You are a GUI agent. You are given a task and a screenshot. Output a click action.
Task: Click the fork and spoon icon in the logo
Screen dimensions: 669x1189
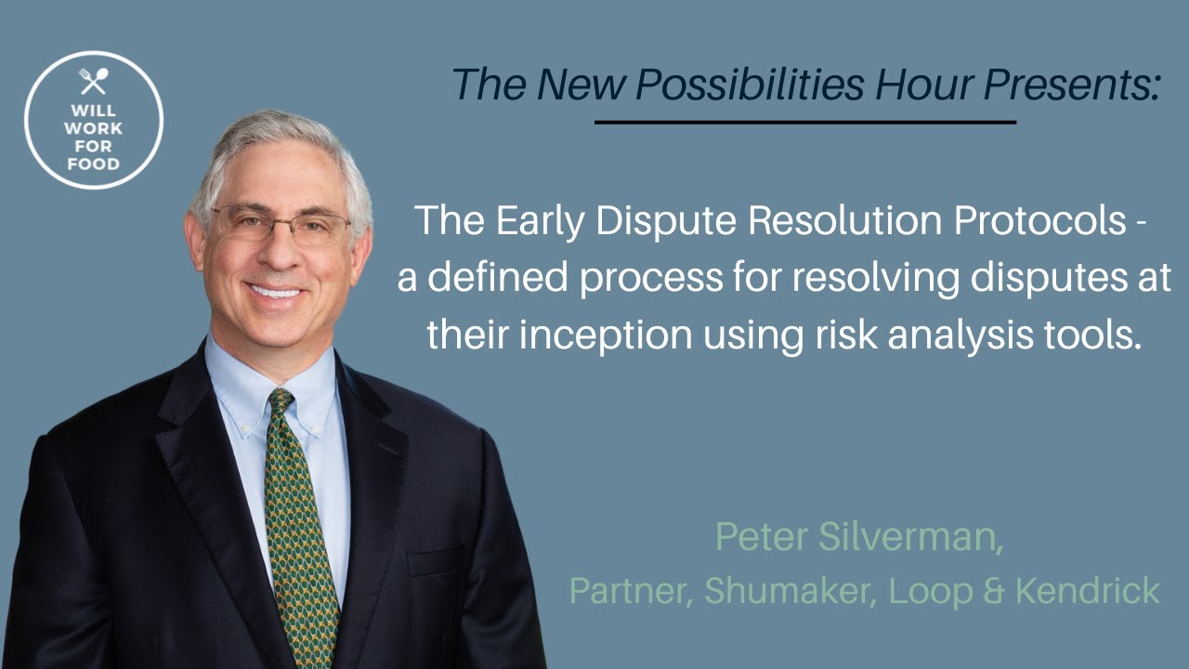(x=93, y=82)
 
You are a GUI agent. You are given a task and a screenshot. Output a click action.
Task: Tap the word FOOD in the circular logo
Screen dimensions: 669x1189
(x=93, y=164)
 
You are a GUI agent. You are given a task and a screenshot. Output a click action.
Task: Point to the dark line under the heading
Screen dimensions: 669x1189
(x=804, y=122)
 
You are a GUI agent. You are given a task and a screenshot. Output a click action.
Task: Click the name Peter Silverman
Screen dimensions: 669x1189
(x=859, y=537)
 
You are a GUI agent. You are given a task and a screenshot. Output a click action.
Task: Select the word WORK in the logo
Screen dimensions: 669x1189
(x=93, y=128)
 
